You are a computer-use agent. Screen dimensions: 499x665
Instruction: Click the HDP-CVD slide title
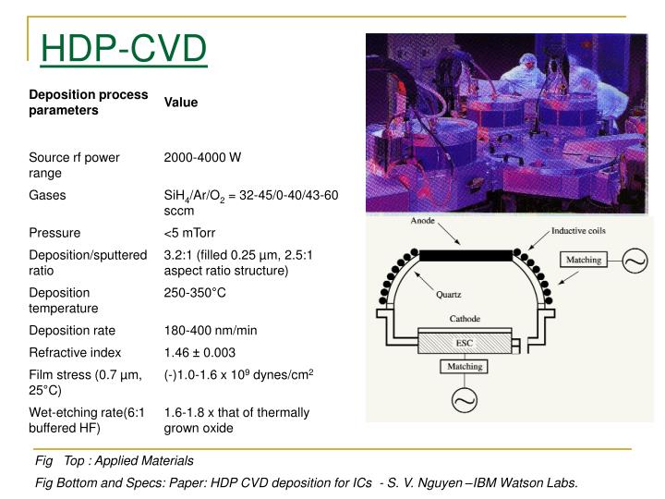pyautogui.click(x=123, y=49)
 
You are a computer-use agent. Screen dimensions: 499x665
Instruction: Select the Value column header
pyautogui.click(x=181, y=103)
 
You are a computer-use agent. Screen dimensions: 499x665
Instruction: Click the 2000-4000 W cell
pyautogui.click(x=202, y=158)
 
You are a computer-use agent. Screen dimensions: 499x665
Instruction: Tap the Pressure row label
pyautogui.click(x=54, y=233)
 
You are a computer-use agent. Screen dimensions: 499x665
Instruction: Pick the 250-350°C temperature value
pyautogui.click(x=195, y=292)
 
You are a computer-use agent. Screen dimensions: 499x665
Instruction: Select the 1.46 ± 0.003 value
pyautogui.click(x=199, y=352)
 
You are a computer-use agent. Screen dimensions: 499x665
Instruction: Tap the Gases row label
pyautogui.click(x=47, y=196)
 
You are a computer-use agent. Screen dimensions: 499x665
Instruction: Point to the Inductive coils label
pyautogui.click(x=579, y=231)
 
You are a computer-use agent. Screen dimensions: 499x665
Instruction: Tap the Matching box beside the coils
pyautogui.click(x=582, y=260)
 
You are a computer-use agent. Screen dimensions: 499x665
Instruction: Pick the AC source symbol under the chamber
pyautogui.click(x=464, y=401)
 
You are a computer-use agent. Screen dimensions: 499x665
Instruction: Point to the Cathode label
pyautogui.click(x=465, y=318)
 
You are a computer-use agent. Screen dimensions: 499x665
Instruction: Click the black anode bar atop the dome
pyautogui.click(x=464, y=254)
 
